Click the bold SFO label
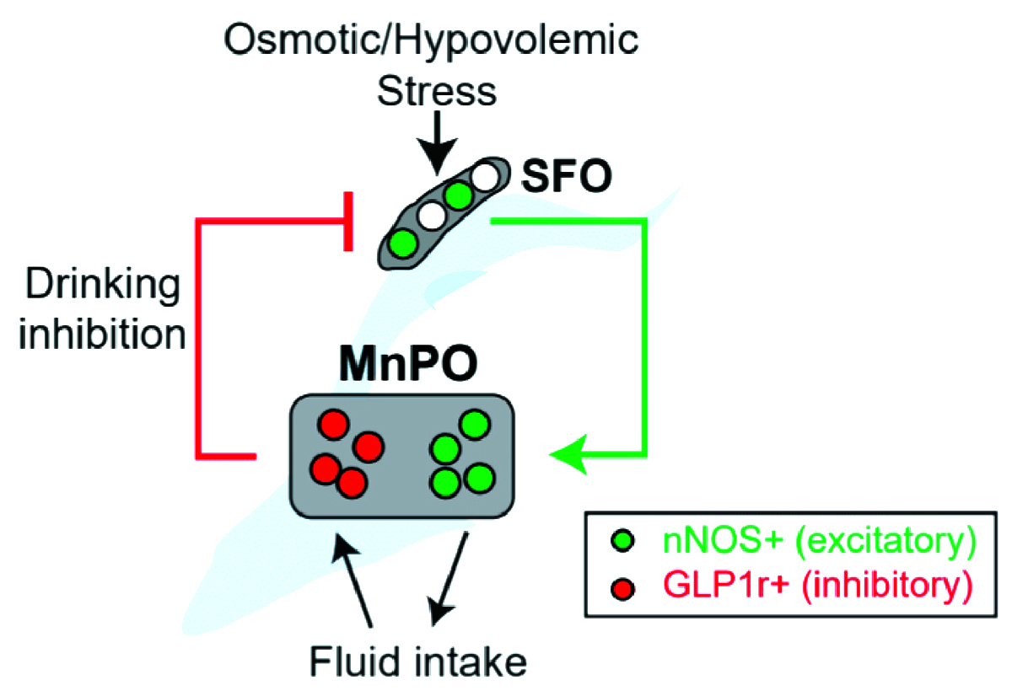point(567,176)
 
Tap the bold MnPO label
point(408,363)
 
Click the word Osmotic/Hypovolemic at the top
point(431,40)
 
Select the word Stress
point(437,92)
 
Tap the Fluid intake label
point(418,662)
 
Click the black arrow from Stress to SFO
point(437,143)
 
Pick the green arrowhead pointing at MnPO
point(568,454)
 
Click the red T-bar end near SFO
point(347,221)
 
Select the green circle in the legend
point(622,541)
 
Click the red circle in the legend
point(622,589)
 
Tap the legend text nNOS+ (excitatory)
point(819,541)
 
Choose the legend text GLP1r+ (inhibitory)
point(818,586)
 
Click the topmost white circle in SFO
point(486,176)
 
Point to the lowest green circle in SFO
point(402,244)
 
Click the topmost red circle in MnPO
point(333,425)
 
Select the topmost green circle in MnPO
point(474,425)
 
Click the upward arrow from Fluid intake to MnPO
point(352,580)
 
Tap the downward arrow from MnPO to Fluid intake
point(448,579)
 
